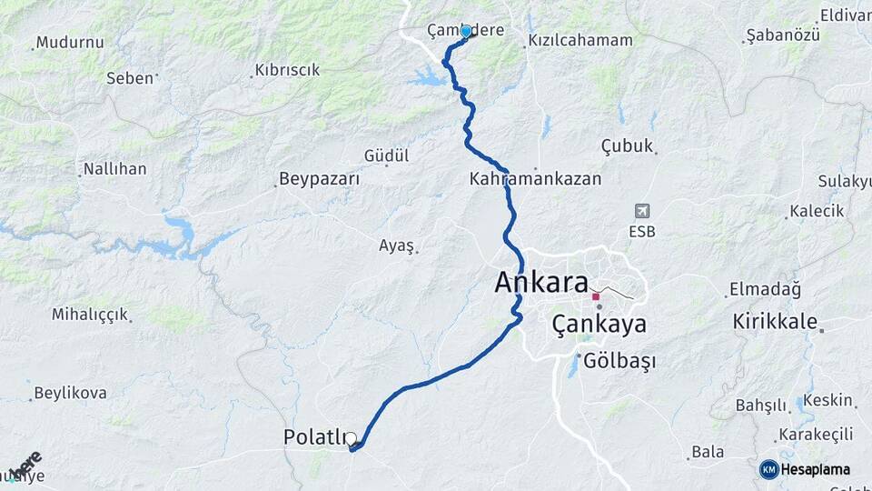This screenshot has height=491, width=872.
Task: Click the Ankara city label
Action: pos(541,282)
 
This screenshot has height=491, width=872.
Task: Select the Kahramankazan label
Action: pos(536,179)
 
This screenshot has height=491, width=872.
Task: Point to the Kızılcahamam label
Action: pos(580,41)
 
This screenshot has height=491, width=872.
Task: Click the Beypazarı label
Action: pos(319,179)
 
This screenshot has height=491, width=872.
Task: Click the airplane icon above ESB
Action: pos(643,211)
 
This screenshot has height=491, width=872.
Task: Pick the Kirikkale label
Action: pos(775,323)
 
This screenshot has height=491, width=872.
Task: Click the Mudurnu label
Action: pos(70,43)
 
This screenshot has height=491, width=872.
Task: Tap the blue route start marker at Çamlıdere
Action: pos(466,32)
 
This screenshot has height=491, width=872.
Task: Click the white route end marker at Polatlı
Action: pos(351,439)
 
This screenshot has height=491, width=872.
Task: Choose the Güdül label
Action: pos(387,155)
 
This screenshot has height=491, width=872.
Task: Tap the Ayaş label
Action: pos(397,245)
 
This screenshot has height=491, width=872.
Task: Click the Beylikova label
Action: pos(70,394)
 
